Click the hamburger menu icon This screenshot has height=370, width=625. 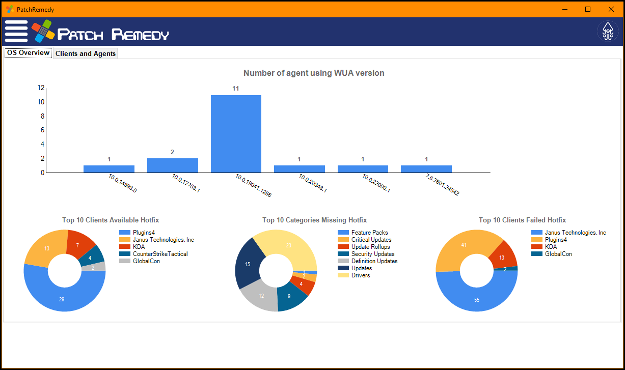pos(16,32)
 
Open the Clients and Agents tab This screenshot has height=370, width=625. pos(86,53)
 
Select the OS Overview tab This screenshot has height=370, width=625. pos(29,53)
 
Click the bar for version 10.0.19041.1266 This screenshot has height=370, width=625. pos(236,134)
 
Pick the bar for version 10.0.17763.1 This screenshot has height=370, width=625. pos(173,165)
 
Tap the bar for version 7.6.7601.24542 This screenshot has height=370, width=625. pos(426,169)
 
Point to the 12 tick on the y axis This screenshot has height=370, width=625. pos(41,88)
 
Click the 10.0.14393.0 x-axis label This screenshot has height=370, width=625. pos(122,183)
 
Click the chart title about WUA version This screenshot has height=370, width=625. pos(314,73)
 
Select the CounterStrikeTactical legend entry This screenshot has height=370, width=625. pos(160,254)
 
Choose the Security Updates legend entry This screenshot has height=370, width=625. pos(373,254)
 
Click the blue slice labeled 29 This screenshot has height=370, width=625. pos(62,299)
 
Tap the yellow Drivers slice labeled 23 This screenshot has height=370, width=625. pos(289,245)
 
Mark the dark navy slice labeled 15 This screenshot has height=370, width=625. pos(248,264)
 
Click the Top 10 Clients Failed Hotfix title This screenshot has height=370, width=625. pos(522,220)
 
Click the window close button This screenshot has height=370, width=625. pos(611,9)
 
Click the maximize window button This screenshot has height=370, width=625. pos(588,9)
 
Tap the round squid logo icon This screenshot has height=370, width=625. pos(608,32)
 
